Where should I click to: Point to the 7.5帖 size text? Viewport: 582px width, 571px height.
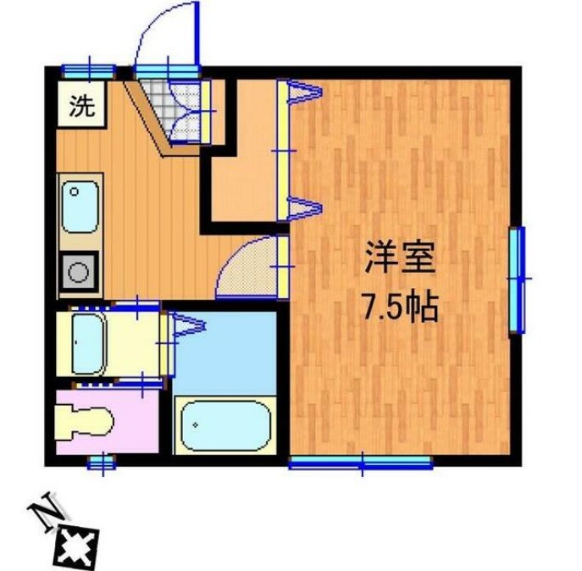tap(400, 307)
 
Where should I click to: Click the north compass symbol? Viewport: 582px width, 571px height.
tap(75, 542)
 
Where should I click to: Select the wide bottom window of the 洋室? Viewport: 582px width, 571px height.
tap(361, 462)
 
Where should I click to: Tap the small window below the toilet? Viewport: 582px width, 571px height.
tap(101, 463)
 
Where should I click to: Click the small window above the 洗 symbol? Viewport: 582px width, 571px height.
tap(88, 69)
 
